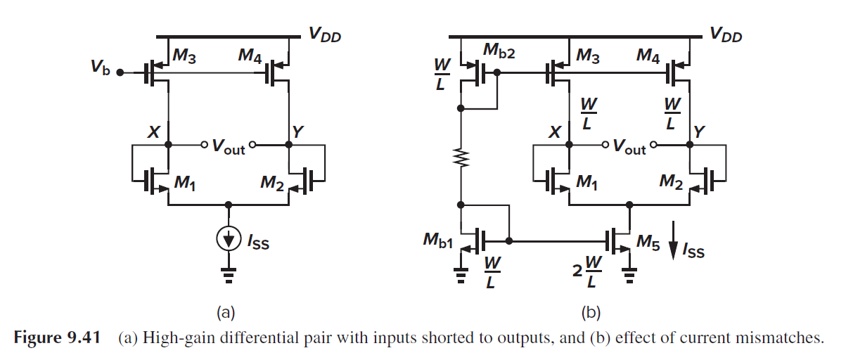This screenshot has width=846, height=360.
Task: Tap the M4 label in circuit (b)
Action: tap(648, 54)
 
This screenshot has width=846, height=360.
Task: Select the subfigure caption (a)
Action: tap(227, 311)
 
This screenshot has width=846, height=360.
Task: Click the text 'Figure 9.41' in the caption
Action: tap(53, 338)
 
